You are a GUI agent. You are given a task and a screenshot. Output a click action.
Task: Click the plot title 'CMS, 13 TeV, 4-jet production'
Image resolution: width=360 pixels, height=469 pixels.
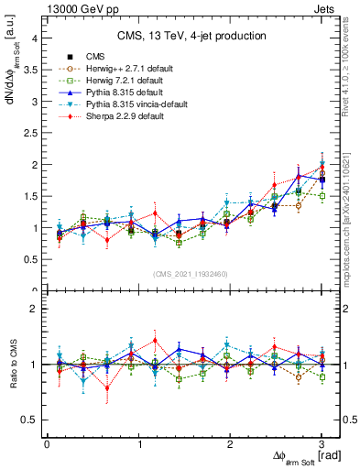pyautogui.click(x=191, y=36)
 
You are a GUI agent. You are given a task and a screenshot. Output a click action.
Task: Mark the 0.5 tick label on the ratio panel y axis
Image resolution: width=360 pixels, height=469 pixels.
pyautogui.click(x=30, y=420)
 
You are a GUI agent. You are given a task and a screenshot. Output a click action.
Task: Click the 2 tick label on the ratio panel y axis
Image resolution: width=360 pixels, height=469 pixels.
pyautogui.click(x=34, y=310)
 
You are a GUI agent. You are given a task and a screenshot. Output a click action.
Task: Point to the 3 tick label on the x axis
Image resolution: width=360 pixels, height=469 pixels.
pyautogui.click(x=322, y=444)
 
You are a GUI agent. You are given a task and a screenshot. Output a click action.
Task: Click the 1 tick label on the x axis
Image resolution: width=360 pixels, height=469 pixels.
pyautogui.click(x=138, y=444)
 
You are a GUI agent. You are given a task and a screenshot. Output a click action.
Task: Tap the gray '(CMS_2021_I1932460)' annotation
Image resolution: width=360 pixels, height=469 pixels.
pyautogui.click(x=191, y=274)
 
